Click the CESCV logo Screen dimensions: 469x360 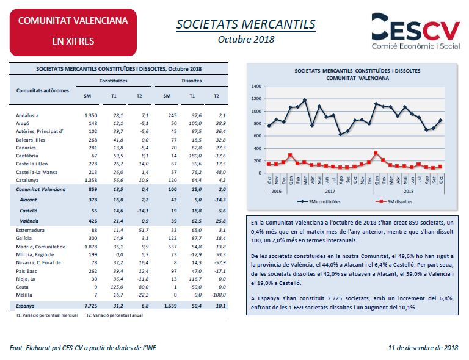(x=415, y=31)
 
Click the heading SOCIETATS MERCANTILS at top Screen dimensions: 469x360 (x=246, y=24)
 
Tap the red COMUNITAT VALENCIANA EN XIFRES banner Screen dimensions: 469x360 (x=73, y=32)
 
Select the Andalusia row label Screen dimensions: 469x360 (x=27, y=115)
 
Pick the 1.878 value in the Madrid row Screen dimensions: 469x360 (x=91, y=247)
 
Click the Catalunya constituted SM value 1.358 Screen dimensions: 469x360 (x=91, y=180)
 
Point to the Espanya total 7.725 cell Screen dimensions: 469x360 (x=91, y=306)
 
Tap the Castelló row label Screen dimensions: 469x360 (x=29, y=211)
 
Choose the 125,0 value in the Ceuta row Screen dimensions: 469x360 (x=117, y=287)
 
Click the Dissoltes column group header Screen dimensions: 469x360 (x=191, y=81)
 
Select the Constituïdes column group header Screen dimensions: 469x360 (x=113, y=81)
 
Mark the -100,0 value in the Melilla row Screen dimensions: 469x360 (x=219, y=295)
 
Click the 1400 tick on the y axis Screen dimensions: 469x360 (x=256, y=87)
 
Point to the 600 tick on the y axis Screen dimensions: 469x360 (x=258, y=136)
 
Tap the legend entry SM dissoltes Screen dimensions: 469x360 (x=394, y=201)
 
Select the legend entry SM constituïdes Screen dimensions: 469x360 (x=319, y=201)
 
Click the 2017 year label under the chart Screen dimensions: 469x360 (x=330, y=191)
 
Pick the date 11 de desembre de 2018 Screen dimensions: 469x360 (x=423, y=348)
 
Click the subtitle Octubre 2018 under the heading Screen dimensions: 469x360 (x=246, y=40)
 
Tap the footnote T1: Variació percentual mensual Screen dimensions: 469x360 (x=47, y=315)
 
